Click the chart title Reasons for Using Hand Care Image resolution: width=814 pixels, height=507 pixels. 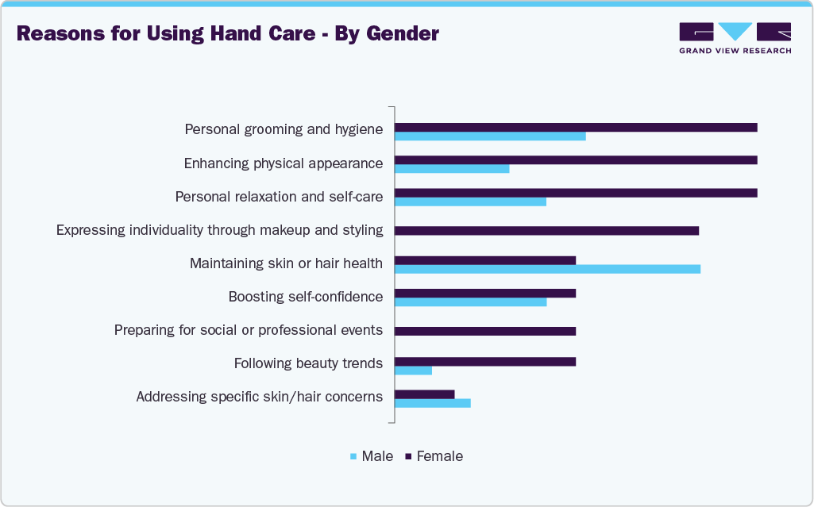(x=227, y=34)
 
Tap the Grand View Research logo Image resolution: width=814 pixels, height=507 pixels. (x=735, y=37)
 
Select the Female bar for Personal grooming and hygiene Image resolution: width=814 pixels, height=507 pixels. (x=576, y=127)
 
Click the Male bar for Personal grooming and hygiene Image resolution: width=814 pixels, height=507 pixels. (x=490, y=136)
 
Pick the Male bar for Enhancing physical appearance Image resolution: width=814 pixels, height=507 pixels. (x=452, y=169)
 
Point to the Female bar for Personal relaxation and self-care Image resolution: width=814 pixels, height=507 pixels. (x=576, y=193)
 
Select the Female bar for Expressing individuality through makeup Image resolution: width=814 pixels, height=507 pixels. (x=546, y=231)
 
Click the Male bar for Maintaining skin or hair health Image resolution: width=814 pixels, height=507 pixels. (x=547, y=269)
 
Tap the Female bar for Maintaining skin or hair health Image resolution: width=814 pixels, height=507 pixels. (x=485, y=260)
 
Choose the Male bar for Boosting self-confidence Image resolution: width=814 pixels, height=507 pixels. (x=471, y=302)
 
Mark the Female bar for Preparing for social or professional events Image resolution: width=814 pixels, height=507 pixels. (x=485, y=331)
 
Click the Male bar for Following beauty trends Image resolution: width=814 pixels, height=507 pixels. (x=413, y=371)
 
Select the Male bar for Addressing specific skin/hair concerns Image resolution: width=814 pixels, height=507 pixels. (x=433, y=403)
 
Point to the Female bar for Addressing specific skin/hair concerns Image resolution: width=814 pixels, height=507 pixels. (x=425, y=394)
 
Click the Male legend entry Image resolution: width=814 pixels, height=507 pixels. (x=372, y=456)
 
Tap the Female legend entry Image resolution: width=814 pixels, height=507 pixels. (x=434, y=456)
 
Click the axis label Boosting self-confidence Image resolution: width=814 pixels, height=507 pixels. (x=306, y=297)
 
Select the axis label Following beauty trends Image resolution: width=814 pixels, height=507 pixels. (x=308, y=363)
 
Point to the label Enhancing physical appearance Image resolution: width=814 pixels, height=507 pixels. (x=284, y=163)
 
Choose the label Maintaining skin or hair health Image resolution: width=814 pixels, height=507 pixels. (x=286, y=263)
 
